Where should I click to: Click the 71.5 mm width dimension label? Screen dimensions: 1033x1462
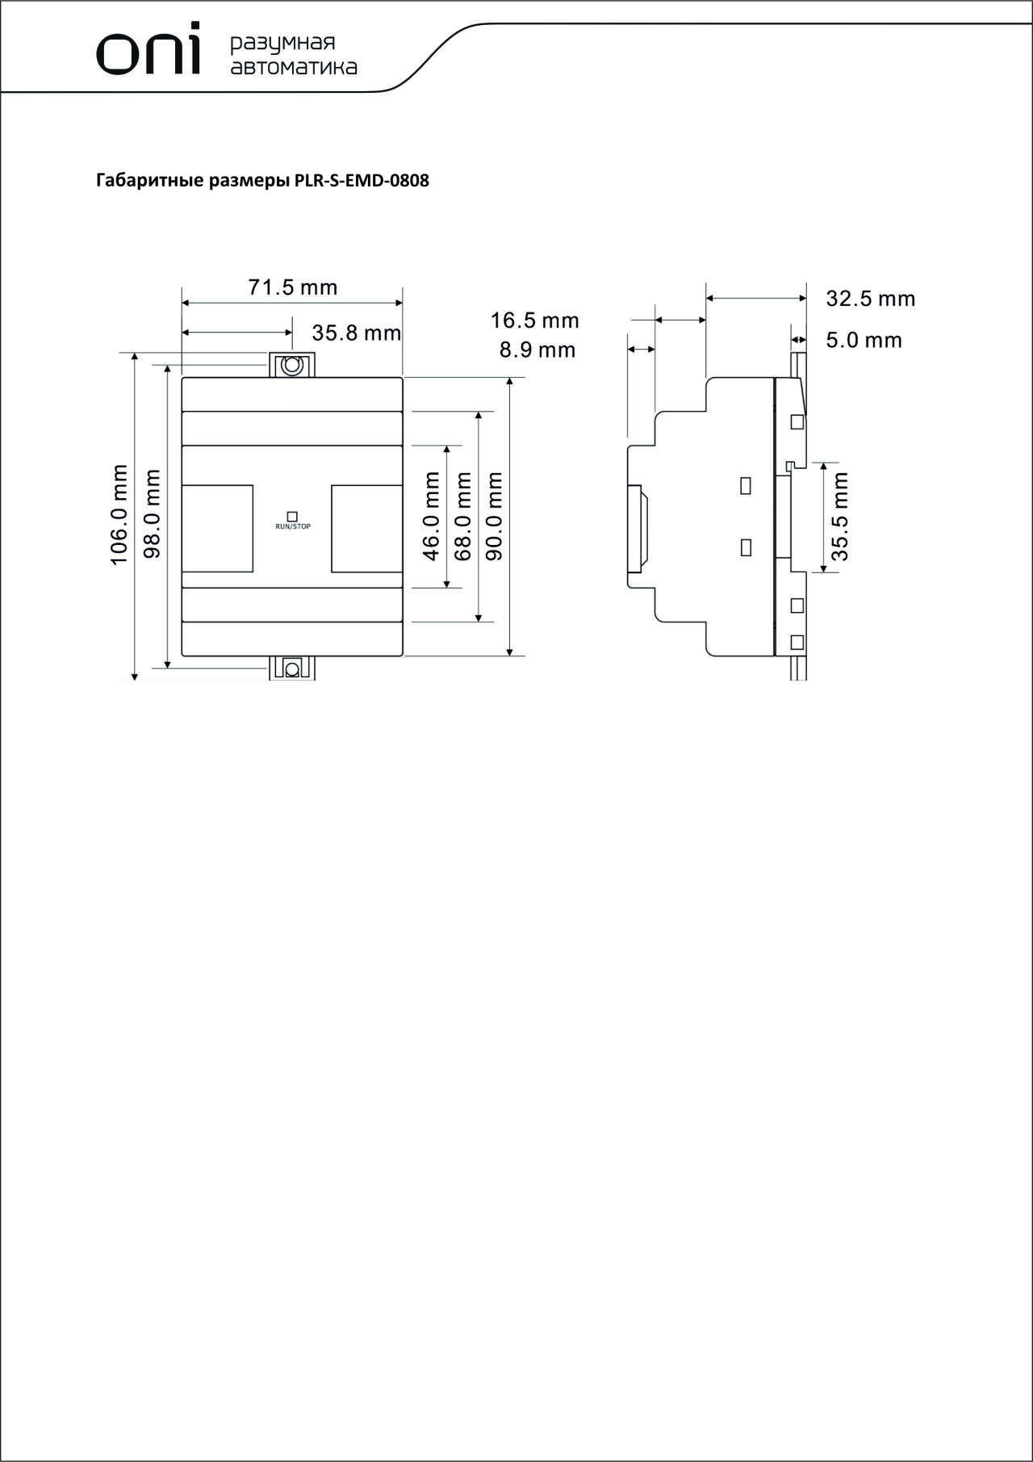(x=292, y=287)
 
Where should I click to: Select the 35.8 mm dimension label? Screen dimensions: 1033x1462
(x=357, y=333)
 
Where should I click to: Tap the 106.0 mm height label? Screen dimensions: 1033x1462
(x=119, y=515)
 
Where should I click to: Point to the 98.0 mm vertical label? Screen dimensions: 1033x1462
(x=152, y=514)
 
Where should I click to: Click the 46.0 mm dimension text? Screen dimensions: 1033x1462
(x=431, y=517)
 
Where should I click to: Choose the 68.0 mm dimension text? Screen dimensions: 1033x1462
(x=462, y=517)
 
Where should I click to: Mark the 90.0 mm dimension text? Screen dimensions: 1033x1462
(x=495, y=517)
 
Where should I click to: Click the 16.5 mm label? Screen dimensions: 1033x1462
(x=535, y=320)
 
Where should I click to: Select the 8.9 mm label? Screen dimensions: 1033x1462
(x=537, y=350)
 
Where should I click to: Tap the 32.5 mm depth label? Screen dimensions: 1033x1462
(x=871, y=299)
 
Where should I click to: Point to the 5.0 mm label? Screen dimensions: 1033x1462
(x=864, y=340)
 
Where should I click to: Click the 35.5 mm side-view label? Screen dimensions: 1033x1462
(x=840, y=517)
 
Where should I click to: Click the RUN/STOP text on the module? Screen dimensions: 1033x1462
(x=293, y=526)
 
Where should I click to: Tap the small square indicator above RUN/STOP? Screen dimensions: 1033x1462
(x=293, y=515)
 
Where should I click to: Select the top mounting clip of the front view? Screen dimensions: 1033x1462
(x=291, y=365)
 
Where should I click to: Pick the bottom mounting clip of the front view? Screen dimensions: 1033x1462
(x=291, y=668)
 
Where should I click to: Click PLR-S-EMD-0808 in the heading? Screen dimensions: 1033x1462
(x=362, y=181)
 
